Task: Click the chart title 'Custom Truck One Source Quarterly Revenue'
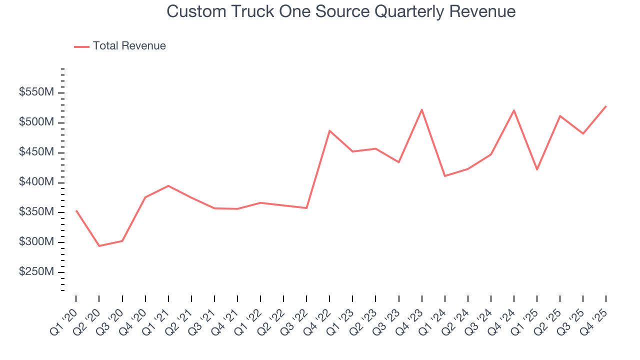click(341, 11)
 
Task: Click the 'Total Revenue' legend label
click(129, 46)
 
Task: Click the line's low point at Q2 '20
click(99, 246)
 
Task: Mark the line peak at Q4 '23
click(421, 109)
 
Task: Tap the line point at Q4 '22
click(329, 130)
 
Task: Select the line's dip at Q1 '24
click(444, 176)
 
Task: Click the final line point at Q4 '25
click(606, 106)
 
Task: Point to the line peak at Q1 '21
click(168, 185)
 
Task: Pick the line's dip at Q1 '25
click(537, 169)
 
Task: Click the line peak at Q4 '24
click(514, 110)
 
